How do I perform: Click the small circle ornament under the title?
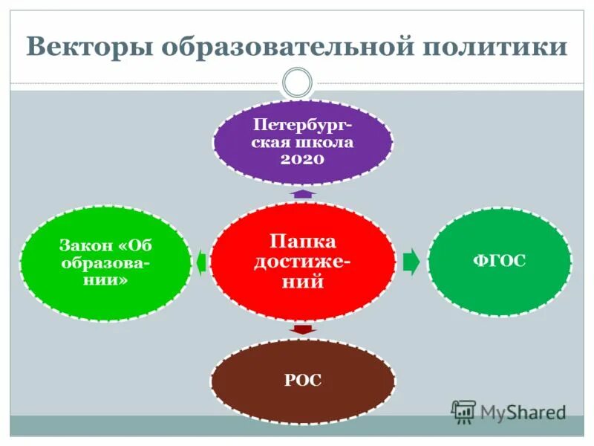(x=297, y=81)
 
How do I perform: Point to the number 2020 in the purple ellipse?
(x=302, y=158)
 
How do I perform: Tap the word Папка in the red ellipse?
(x=302, y=242)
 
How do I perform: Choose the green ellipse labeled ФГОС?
(x=500, y=262)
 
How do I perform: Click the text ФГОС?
(x=500, y=262)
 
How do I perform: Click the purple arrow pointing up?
(x=302, y=193)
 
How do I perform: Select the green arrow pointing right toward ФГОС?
(x=411, y=262)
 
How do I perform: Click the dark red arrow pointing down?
(x=302, y=329)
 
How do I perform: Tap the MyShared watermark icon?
(x=463, y=411)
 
